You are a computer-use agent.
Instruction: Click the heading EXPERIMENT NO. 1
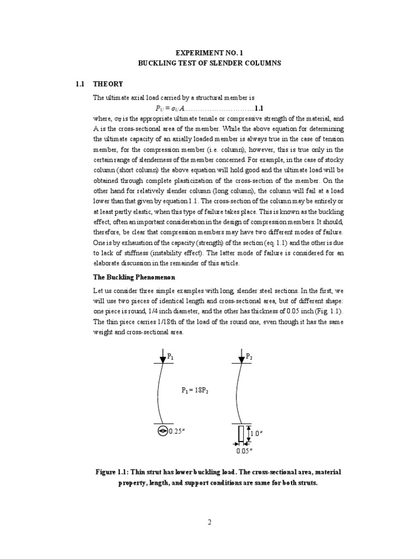210,53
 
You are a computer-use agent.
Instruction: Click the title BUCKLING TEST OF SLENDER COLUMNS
210,63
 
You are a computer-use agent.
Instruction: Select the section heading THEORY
108,84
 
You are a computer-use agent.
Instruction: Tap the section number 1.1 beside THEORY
80,84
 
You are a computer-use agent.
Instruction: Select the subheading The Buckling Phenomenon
129,277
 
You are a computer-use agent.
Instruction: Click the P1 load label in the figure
171,356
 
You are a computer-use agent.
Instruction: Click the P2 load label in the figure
249,356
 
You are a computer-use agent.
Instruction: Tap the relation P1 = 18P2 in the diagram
195,390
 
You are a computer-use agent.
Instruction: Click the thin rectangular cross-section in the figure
240,434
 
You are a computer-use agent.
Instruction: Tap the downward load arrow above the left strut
162,356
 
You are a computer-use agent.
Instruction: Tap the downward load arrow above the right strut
241,356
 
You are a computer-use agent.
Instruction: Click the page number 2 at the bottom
209,522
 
